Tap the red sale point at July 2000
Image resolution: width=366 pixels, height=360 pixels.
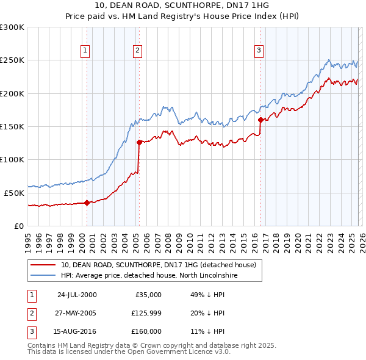87,203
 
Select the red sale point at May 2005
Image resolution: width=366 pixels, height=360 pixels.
139,142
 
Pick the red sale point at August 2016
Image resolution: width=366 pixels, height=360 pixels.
260,120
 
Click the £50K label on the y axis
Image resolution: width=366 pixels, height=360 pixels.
14,193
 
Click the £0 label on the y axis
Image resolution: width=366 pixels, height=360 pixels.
20,226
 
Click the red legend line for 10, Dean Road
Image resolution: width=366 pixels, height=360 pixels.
43,265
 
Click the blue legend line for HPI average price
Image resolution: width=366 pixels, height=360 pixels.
43,276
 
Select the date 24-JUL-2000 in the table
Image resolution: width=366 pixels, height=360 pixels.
77,295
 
